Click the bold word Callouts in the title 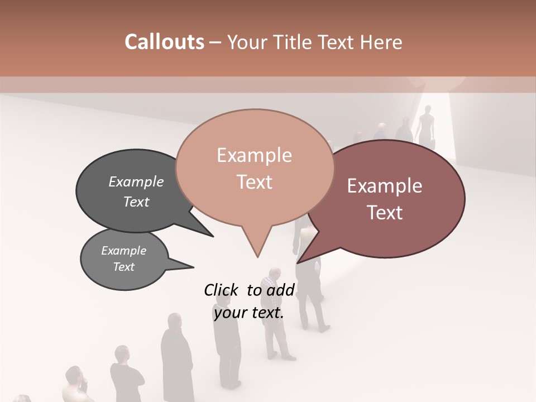pos(164,42)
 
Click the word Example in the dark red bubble pos(385,186)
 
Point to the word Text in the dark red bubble pos(385,213)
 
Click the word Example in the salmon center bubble pos(254,155)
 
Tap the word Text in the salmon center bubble pos(254,182)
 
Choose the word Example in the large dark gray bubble pos(136,181)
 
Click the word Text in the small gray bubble pos(123,267)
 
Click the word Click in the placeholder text pos(223,290)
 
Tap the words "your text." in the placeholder pos(249,313)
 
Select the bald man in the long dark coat pos(176,357)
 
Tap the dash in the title pos(215,42)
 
